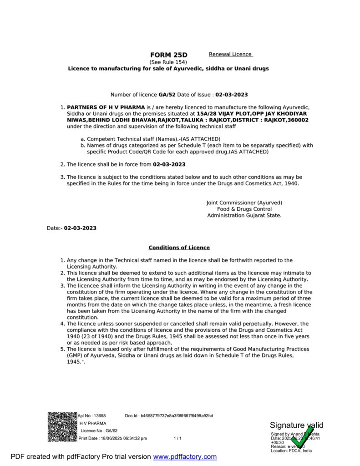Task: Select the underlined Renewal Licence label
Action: pos(230,54)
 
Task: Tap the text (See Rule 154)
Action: pos(168,62)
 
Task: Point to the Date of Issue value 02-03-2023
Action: pos(231,95)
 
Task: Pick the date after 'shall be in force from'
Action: pos(169,164)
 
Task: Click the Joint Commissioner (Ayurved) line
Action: pos(244,203)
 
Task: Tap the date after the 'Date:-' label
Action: pos(80,228)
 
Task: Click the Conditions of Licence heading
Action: pos(179,248)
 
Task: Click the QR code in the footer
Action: pos(62,426)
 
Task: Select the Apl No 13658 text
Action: pos(92,415)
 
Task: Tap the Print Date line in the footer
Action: pos(113,438)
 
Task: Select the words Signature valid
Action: pos(296,425)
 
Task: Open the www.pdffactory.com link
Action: pos(185,456)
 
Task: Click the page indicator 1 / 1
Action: pos(177,438)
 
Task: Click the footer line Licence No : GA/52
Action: pos(99,431)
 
